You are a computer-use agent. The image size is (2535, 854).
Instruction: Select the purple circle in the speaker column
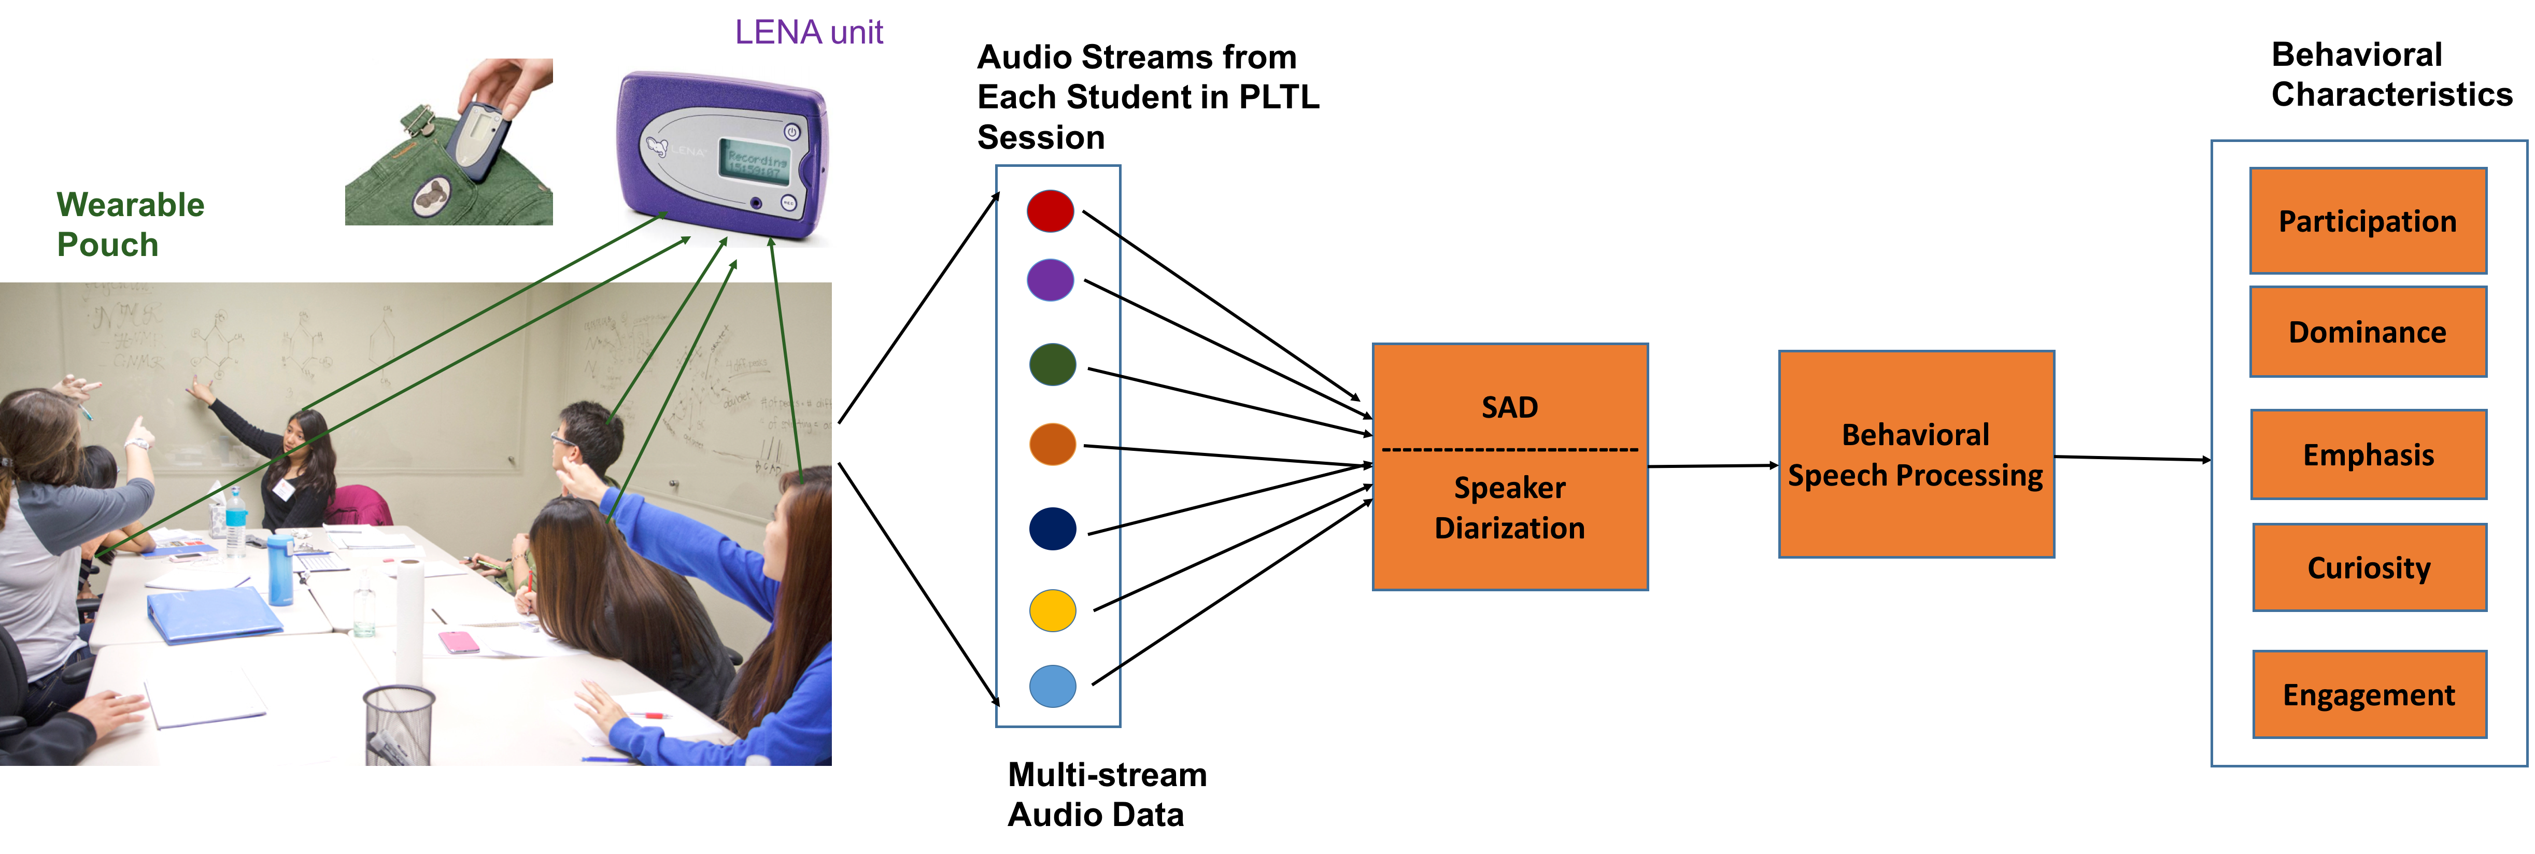[1050, 280]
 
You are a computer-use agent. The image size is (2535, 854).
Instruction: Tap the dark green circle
[1052, 364]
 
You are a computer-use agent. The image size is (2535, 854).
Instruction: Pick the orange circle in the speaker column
[1052, 444]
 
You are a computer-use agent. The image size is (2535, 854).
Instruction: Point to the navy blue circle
[1052, 529]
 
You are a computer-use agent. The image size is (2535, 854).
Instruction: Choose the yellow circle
[1052, 610]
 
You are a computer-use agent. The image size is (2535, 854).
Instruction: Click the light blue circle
[1052, 686]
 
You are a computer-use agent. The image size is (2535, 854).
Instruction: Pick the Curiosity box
[2369, 568]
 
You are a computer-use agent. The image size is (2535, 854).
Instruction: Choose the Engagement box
[2369, 694]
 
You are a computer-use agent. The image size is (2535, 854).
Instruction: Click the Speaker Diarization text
[1510, 508]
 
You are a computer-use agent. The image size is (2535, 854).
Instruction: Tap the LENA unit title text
[809, 33]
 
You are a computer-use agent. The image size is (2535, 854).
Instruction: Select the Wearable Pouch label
[130, 224]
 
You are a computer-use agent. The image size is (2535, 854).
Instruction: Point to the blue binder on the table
[215, 615]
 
